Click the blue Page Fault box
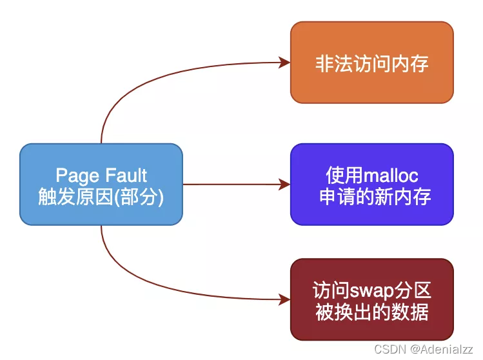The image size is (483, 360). pos(101,184)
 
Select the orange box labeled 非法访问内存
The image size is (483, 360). pos(371,63)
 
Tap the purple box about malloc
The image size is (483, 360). pos(371,184)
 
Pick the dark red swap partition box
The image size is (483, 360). pos(371,299)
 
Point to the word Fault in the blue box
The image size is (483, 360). pos(124,175)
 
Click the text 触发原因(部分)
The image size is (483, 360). pos(101,196)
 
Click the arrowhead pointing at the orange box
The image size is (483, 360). pos(284,63)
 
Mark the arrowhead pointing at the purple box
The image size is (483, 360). pos(284,185)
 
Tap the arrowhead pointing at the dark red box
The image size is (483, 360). pos(284,299)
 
